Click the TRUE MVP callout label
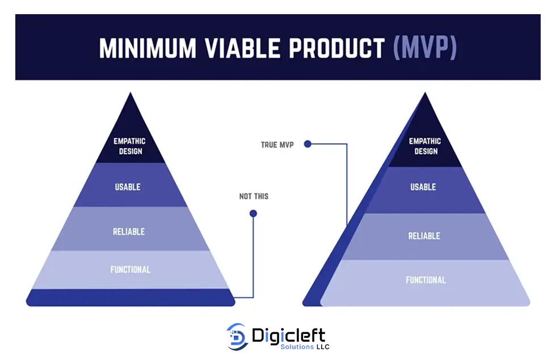click(x=277, y=145)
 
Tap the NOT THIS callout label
click(x=254, y=196)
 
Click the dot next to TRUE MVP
click(x=308, y=144)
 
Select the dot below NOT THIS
click(x=253, y=213)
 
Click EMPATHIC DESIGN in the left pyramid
click(x=130, y=146)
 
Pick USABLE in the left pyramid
click(x=128, y=187)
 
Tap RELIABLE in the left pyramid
click(x=129, y=232)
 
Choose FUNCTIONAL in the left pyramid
click(x=130, y=270)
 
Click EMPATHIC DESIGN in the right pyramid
click(x=425, y=146)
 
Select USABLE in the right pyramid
click(x=423, y=187)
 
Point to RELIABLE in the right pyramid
click(x=424, y=236)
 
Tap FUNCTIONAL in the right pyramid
click(x=426, y=280)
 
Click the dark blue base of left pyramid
click(x=130, y=298)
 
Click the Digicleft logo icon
click(x=237, y=337)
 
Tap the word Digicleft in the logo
click(x=289, y=336)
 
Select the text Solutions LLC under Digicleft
click(x=305, y=347)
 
